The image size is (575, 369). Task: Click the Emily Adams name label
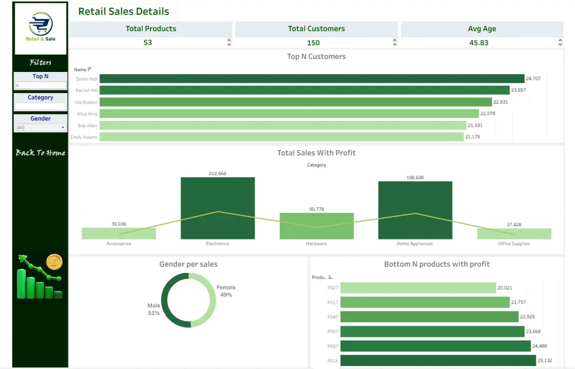pyautogui.click(x=84, y=137)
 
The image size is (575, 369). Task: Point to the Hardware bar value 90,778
pyautogui.click(x=316, y=209)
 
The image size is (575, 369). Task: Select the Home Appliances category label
pyautogui.click(x=415, y=244)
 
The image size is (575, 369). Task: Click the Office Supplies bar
pyautogui.click(x=514, y=234)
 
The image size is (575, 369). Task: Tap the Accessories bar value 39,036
pyautogui.click(x=118, y=224)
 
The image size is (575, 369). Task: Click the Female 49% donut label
pyautogui.click(x=225, y=291)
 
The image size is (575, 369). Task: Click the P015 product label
pyautogui.click(x=332, y=360)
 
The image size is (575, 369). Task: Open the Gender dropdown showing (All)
pyautogui.click(x=40, y=127)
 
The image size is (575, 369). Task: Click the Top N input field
pyautogui.click(x=40, y=85)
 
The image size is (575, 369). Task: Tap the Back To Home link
pyautogui.click(x=40, y=153)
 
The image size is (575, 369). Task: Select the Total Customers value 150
pyautogui.click(x=313, y=43)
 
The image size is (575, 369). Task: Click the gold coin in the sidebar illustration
pyautogui.click(x=54, y=262)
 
